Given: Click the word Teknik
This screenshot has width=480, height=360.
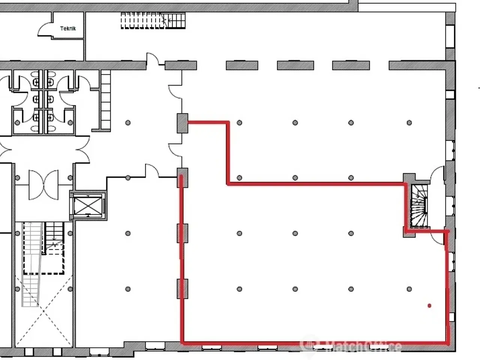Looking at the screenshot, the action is coord(68,28).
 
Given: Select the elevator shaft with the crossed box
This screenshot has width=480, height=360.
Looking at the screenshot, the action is coord(88,205).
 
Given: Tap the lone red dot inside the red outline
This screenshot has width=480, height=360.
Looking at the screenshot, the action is coord(429,306).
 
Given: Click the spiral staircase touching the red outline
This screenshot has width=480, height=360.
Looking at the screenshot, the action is coord(419,206).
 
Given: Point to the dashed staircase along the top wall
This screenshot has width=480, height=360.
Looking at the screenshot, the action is coord(153,21).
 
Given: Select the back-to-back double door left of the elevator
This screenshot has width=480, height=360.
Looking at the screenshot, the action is coord(44,185).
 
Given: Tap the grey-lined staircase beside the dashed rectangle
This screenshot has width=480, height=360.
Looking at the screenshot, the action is coord(31,264).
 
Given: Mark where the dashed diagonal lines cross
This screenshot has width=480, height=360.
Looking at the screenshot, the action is coord(44,310).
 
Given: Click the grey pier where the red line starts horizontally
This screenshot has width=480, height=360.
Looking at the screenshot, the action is coord(182,123).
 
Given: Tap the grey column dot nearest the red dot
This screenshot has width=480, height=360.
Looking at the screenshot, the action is coord(409,289).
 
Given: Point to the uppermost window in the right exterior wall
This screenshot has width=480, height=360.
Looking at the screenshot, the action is coord(450,36).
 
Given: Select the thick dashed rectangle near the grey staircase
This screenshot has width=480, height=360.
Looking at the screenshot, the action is coord(44,259).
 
